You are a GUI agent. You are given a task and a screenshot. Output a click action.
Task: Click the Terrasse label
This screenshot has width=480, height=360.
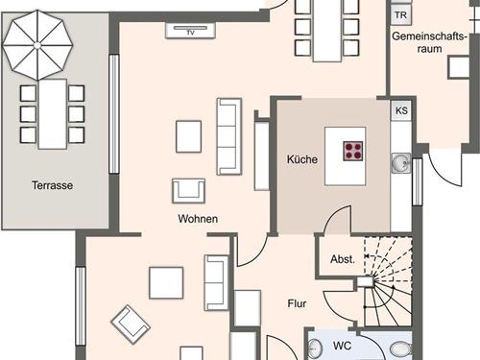click(52, 185)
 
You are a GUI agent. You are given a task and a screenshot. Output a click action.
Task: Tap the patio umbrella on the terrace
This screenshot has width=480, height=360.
click(37, 45)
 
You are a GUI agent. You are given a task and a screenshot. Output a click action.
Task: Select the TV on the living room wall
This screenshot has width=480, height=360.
click(190, 31)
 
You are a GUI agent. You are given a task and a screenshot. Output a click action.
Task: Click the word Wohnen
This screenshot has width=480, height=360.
click(198, 219)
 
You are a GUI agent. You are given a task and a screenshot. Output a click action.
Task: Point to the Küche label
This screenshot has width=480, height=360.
click(302, 159)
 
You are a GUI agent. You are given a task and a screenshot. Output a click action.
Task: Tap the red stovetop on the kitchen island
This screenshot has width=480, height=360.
click(353, 151)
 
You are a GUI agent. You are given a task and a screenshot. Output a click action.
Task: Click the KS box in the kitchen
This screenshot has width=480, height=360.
click(401, 110)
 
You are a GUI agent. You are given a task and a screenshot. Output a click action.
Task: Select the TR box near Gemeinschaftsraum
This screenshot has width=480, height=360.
click(400, 14)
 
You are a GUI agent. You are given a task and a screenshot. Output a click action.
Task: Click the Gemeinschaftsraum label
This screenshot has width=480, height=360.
click(429, 42)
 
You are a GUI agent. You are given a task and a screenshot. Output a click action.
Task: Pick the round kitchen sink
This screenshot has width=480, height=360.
click(400, 163)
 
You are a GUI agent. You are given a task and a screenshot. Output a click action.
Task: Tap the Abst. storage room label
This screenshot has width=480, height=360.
click(343, 259)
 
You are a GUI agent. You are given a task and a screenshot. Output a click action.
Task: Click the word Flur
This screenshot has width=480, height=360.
click(297, 303)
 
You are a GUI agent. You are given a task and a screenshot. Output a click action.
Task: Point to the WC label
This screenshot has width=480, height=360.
click(342, 346)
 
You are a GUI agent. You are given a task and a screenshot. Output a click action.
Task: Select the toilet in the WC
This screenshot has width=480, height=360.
click(401, 349)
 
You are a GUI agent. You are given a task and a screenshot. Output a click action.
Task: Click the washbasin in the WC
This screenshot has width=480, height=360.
click(315, 348)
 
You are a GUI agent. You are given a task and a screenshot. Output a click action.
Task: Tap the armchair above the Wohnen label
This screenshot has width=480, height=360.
click(188, 191)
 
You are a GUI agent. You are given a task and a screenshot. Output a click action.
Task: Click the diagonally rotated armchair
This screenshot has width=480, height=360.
click(131, 324)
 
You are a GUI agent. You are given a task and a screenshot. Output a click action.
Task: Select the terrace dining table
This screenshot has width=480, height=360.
click(53, 114)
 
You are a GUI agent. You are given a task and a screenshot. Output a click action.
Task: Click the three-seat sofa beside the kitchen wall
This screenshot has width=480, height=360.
click(229, 136)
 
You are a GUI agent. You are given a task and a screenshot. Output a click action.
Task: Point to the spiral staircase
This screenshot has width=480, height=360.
click(388, 281)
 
